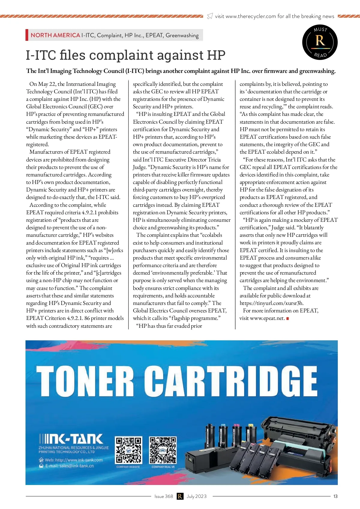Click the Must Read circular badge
coord(320,42)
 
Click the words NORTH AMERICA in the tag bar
coord(55,35)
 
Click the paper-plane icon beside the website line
coord(210,16)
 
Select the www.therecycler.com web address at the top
coord(250,16)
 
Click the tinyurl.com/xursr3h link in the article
coord(271,303)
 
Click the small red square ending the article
coord(288,318)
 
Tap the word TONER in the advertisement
coord(85,381)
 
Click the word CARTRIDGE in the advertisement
coord(231,381)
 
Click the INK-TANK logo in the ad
coord(71,439)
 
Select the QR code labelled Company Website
coord(128,450)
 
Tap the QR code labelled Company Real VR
coord(163,450)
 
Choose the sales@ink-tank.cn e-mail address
coord(69,466)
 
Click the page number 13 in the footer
coord(335,496)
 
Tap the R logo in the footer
coord(180,496)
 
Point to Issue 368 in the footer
coord(164,496)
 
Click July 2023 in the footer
coord(196,496)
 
